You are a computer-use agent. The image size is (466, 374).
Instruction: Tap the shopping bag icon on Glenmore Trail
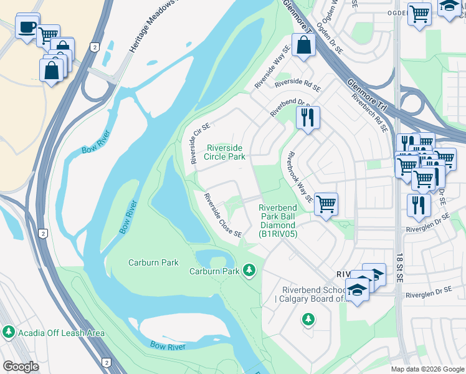(x=303, y=46)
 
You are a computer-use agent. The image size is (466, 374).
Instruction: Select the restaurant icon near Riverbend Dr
(x=307, y=117)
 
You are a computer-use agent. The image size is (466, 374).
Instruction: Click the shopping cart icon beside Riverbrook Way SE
(x=326, y=204)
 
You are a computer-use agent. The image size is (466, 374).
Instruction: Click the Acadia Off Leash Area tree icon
(x=9, y=333)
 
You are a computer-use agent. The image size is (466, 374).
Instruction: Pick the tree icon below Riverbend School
(x=308, y=320)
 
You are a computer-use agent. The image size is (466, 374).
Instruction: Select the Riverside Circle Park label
(x=226, y=152)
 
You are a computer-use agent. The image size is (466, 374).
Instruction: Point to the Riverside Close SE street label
(x=222, y=215)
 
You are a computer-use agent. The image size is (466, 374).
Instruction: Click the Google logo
(x=21, y=367)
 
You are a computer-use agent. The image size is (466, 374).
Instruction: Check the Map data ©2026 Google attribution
(x=427, y=369)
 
